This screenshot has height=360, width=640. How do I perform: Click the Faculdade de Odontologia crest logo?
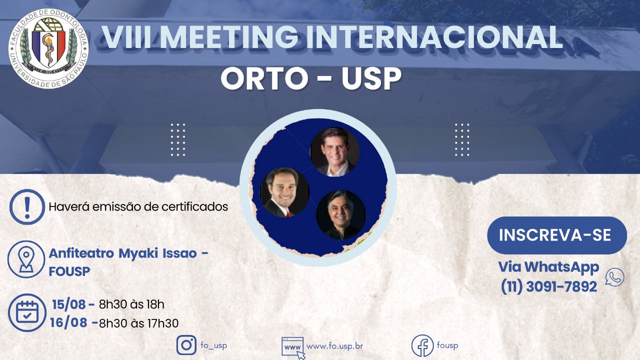[x=48, y=48]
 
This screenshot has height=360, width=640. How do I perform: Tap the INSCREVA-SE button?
[x=557, y=235]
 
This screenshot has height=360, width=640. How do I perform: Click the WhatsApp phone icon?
[x=614, y=277]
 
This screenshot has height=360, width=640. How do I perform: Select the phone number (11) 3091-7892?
[x=549, y=286]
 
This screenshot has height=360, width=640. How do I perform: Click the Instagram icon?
[x=186, y=345]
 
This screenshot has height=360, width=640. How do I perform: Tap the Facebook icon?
[x=422, y=345]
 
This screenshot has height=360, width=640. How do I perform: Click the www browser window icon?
[x=293, y=347]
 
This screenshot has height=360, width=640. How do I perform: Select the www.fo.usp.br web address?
[x=334, y=346]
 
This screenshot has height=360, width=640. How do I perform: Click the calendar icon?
[x=27, y=312]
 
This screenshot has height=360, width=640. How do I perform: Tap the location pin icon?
[x=26, y=259]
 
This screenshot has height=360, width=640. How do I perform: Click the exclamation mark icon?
[x=27, y=207]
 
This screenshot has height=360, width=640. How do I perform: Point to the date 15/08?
[x=69, y=305]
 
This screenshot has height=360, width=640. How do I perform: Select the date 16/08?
[x=68, y=323]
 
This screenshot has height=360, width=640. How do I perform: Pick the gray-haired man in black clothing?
[x=341, y=215]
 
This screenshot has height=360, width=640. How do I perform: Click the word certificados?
[x=195, y=206]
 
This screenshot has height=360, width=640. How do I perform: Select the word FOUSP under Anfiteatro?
[x=69, y=271]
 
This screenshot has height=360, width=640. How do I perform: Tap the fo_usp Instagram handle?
[x=213, y=345]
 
